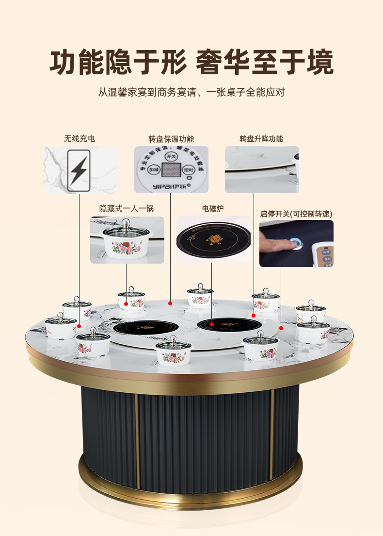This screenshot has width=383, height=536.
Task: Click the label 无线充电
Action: click(80, 138)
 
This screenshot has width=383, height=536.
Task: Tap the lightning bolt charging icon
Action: click(79, 169)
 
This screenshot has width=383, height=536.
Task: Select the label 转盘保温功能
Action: click(171, 139)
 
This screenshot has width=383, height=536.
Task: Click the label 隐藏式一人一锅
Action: click(127, 208)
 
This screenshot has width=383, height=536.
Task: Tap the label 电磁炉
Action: click(213, 208)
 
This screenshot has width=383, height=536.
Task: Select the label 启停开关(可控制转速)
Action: click(296, 213)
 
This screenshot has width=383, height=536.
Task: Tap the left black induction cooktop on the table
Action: click(137, 328)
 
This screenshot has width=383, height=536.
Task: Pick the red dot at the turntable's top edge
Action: click(170, 303)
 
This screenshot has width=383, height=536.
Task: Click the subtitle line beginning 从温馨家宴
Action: click(191, 92)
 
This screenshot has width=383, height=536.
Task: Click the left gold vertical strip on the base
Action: click(136, 439)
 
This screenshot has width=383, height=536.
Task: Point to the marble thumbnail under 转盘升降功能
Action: click(262, 169)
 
